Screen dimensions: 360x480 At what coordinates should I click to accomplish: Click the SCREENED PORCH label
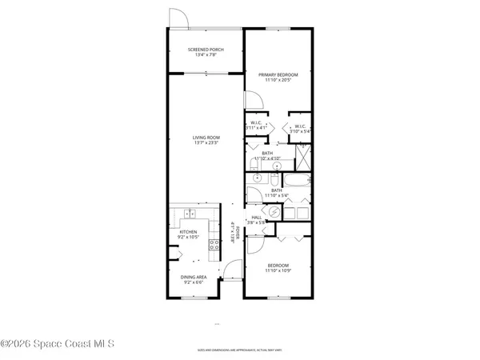point(206,50)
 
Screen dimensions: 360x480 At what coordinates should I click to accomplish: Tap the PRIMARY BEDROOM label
point(278,74)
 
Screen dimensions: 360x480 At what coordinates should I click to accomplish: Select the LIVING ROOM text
point(206,138)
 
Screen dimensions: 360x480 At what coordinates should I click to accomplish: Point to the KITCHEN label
point(188,232)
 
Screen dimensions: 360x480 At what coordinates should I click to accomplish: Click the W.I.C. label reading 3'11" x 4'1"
point(256,125)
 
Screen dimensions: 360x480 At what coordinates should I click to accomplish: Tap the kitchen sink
point(189,214)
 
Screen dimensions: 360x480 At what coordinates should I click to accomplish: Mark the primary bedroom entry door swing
point(253,101)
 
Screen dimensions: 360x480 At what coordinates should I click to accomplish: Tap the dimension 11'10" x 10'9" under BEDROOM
point(278,270)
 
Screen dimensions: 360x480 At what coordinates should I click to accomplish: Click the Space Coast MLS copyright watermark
point(58,344)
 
